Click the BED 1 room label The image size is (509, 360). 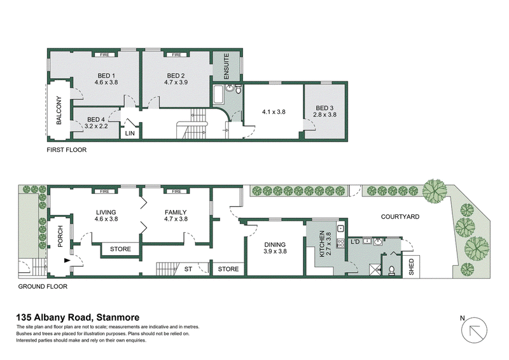(106, 76)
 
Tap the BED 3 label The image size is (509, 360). (324, 108)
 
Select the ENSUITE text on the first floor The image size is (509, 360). (227, 66)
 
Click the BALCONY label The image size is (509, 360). (59, 111)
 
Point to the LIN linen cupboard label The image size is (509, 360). (130, 134)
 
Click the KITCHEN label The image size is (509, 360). (322, 244)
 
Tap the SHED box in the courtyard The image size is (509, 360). (411, 267)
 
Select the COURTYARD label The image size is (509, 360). (400, 216)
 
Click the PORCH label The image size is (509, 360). (60, 237)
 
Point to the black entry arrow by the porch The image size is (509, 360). (67, 260)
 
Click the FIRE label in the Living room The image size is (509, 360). (104, 191)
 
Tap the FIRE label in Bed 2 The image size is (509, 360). (176, 55)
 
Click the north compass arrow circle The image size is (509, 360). (474, 330)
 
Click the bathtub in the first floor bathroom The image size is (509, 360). (218, 95)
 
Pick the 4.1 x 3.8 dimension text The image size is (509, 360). (274, 112)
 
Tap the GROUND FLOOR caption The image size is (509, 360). (43, 287)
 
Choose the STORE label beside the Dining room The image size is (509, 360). (228, 269)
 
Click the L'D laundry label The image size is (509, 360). (356, 242)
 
